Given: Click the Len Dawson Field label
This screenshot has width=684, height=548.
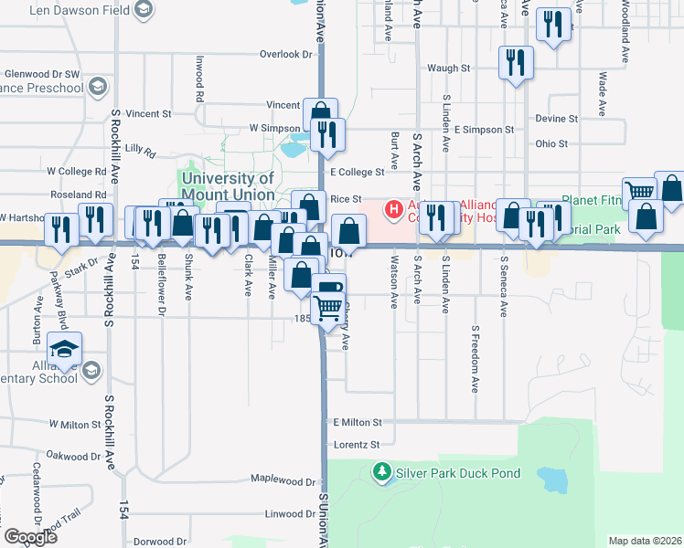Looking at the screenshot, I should tap(80, 11).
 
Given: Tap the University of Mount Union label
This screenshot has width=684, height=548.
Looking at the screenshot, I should tap(228, 186).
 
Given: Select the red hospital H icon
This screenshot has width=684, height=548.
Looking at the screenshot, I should tap(394, 210).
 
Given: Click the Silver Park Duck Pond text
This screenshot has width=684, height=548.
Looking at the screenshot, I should tap(457, 473).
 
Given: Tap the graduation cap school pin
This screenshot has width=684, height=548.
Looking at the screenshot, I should tap(64, 349).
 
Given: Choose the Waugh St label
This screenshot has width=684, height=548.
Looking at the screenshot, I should tap(448, 68).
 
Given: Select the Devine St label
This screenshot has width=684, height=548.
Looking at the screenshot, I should tap(556, 119).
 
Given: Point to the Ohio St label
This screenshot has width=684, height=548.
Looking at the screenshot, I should tap(551, 143).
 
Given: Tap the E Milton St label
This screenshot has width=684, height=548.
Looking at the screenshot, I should tap(357, 422).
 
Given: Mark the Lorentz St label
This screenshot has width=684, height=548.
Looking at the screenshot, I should tap(357, 445).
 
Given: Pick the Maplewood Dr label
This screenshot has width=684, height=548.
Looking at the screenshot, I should tap(283, 479).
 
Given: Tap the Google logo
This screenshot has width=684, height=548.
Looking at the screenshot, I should tap(30, 537).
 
